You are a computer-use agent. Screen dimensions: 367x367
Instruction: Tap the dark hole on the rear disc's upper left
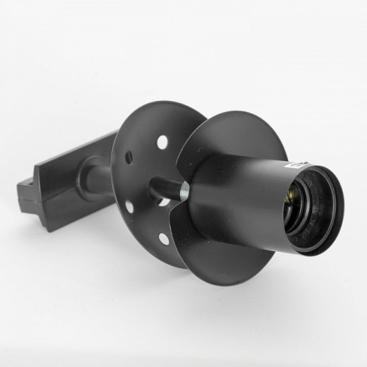(x=128, y=157)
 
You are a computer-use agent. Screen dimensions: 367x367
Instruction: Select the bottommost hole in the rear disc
(x=164, y=239)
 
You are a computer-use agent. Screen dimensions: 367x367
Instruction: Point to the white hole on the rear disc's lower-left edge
(x=129, y=207)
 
